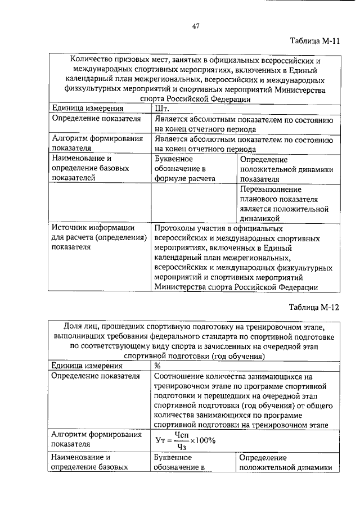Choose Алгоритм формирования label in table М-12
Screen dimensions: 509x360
coord(96,435)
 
